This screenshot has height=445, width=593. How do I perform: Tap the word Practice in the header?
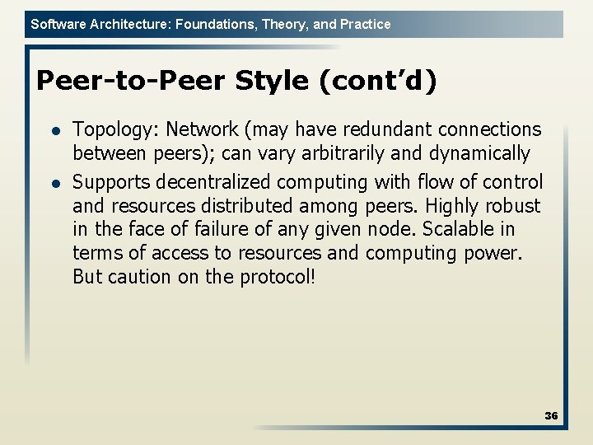(365, 25)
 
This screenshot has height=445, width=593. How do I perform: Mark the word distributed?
(251, 205)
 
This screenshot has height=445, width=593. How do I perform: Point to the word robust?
(513, 205)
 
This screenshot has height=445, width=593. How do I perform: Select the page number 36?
(551, 416)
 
